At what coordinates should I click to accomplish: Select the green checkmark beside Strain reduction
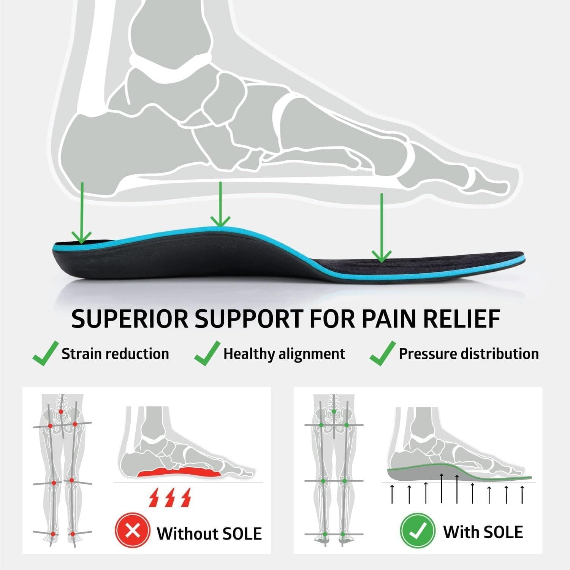coord(45,353)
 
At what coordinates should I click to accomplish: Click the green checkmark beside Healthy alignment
coord(207,353)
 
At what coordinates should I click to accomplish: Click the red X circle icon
coord(132,531)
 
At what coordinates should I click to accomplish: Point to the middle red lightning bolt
coord(170,498)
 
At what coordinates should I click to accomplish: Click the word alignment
coord(312,354)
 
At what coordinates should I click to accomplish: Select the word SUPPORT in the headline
coord(249,319)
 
